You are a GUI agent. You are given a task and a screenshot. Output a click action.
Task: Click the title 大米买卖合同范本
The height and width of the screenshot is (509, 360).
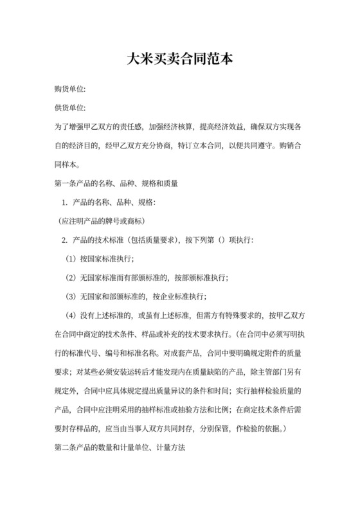[179, 60]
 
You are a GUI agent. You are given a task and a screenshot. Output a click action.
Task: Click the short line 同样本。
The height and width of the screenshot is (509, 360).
[67, 164]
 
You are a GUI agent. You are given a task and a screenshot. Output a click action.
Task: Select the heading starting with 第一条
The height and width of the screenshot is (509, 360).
[116, 183]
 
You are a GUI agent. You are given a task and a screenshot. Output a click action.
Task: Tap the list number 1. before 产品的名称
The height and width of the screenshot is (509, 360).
[65, 202]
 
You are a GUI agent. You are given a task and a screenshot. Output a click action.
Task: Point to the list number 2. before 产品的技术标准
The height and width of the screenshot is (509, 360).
[65, 240]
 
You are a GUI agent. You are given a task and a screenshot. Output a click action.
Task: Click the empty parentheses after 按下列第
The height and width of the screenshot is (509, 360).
[223, 240]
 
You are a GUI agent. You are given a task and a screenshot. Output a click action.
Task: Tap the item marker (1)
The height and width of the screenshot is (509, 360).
[71, 258]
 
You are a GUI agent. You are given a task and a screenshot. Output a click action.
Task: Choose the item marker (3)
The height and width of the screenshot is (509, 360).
[71, 296]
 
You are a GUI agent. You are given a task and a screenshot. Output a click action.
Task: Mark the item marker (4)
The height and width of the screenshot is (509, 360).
[71, 315]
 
